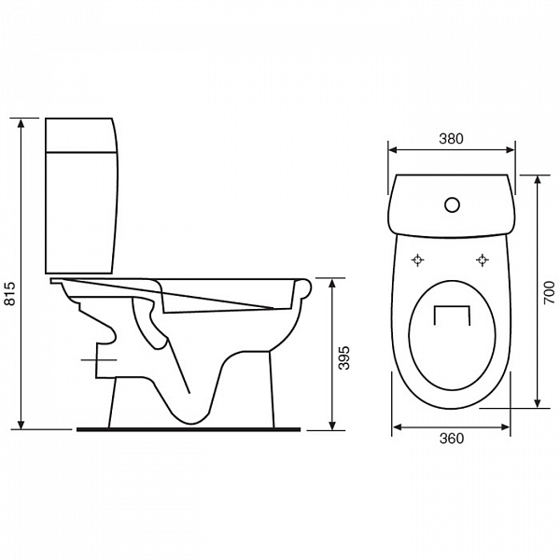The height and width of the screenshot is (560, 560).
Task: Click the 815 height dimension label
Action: click(10, 293)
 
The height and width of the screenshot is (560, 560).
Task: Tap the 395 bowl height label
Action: click(343, 357)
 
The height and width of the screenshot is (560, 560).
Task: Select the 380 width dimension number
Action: click(451, 138)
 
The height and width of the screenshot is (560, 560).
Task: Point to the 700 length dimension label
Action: click(550, 293)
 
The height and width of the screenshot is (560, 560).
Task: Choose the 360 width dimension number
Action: click(452, 439)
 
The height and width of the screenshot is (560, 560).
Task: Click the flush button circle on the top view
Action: click(452, 204)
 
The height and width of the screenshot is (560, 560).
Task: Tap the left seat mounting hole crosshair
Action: click(417, 260)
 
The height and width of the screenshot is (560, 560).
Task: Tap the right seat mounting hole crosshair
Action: click(483, 260)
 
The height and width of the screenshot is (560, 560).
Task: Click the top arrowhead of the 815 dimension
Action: click(21, 123)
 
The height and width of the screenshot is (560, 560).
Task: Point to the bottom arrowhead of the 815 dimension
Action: click(21, 424)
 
